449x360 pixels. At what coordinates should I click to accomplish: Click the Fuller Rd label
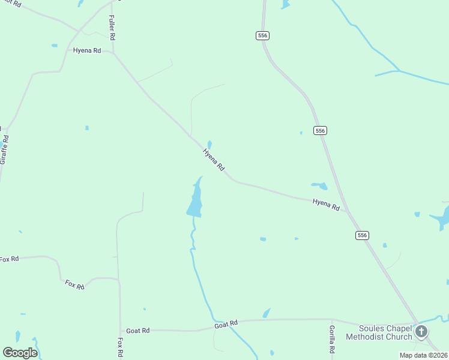pos(112,28)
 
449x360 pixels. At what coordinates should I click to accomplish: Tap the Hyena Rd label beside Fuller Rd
pos(86,50)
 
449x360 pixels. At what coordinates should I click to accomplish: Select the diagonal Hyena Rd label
pos(213,158)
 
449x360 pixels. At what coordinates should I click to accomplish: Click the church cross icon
pos(422,331)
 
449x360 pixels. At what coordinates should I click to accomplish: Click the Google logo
pos(20,353)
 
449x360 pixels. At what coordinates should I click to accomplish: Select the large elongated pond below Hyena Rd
pos(195,199)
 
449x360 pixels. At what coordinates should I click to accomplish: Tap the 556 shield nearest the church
pos(361,235)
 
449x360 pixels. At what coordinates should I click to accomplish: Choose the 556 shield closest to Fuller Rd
pos(262,35)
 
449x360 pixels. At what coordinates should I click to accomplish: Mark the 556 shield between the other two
pos(320,130)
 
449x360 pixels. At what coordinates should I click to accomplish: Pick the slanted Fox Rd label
pos(75,284)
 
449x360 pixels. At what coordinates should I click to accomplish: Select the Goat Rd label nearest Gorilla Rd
pos(226,324)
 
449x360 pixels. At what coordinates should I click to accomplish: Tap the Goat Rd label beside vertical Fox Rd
pos(138,331)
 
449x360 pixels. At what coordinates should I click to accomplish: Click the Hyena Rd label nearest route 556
pos(326,204)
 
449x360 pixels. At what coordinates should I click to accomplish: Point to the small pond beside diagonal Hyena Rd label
pos(209,144)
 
